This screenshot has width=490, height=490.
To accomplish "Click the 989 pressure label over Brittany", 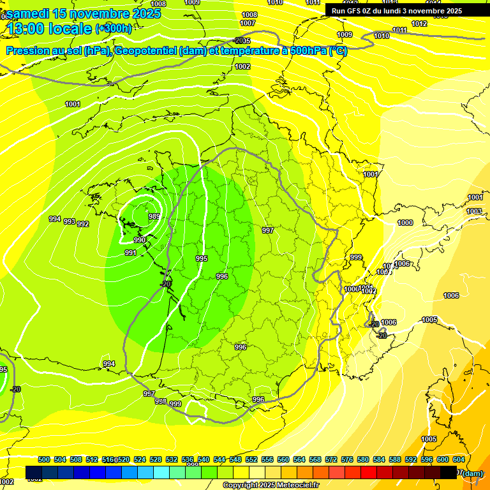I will click(154, 216).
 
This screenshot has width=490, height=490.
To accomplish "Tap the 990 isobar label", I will click(140, 240).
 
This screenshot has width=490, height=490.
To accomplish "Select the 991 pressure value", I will click(131, 253).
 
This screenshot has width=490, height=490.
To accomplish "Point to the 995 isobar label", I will click(202, 258).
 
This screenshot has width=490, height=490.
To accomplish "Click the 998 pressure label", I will click(160, 401).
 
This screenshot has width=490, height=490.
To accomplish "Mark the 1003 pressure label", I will click(474, 211).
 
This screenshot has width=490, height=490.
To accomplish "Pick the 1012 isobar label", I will click(419, 24).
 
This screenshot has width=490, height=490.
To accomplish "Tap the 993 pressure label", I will click(69, 221).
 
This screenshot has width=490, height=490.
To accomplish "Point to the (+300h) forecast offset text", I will click(114, 29).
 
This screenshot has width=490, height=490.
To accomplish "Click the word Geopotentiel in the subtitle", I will click(147, 51).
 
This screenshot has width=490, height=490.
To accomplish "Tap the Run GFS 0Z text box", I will click(397, 11).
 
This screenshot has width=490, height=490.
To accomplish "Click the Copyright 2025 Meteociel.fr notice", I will click(271, 486).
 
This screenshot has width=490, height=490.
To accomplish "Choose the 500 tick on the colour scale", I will click(44, 459).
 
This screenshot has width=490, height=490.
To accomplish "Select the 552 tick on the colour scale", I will click(251, 459).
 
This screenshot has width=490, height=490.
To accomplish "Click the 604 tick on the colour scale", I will click(458, 459).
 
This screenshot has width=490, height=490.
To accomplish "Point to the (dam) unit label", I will click(472, 473).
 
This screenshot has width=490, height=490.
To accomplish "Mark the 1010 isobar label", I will click(382, 36).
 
